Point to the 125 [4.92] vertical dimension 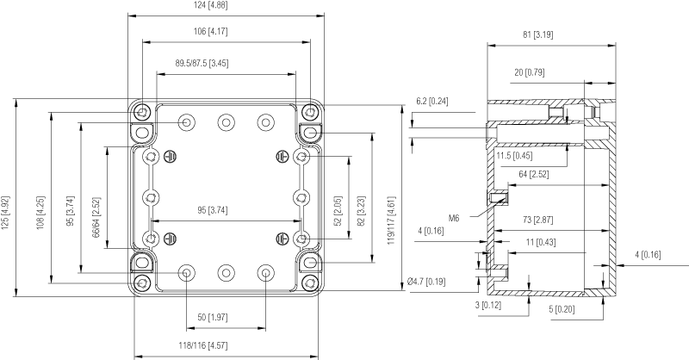7,198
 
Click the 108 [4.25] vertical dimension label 40,200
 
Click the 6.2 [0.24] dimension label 433,101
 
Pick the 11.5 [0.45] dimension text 514,156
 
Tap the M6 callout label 454,218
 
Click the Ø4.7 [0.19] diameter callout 425,282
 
